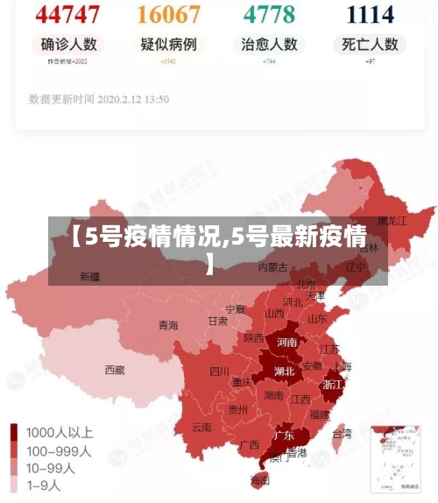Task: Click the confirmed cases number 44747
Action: click(x=68, y=14)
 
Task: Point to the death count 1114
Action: click(x=370, y=14)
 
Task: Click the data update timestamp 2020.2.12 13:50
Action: click(x=99, y=100)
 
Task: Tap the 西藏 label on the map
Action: click(x=115, y=370)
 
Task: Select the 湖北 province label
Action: click(x=284, y=371)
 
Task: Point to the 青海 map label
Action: click(x=168, y=326)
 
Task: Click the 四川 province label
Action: click(x=219, y=372)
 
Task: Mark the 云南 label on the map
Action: click(x=201, y=428)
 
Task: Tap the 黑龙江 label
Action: click(x=392, y=221)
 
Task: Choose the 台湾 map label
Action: click(x=342, y=434)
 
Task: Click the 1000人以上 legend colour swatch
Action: click(x=15, y=433)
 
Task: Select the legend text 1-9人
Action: click(x=44, y=484)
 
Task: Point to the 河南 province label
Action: click(x=286, y=343)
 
